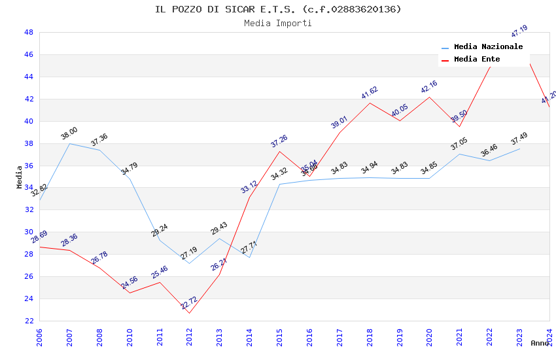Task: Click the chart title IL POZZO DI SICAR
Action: point(278,9)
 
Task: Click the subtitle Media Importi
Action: point(278,24)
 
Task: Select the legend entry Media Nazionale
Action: point(488,47)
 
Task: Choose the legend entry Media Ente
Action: point(477,60)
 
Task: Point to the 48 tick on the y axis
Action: point(28,32)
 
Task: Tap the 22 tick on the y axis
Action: point(28,321)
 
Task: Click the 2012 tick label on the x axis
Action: point(190,337)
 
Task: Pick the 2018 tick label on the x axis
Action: point(370,337)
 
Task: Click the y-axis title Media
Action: point(20,177)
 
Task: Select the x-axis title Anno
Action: point(540,343)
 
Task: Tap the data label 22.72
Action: point(188,302)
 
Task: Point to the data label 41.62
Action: point(370,93)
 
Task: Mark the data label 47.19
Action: point(519,31)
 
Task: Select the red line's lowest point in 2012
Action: point(190,313)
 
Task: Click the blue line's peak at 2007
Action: point(69,143)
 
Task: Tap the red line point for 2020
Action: point(430,97)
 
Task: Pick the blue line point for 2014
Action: point(249,257)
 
